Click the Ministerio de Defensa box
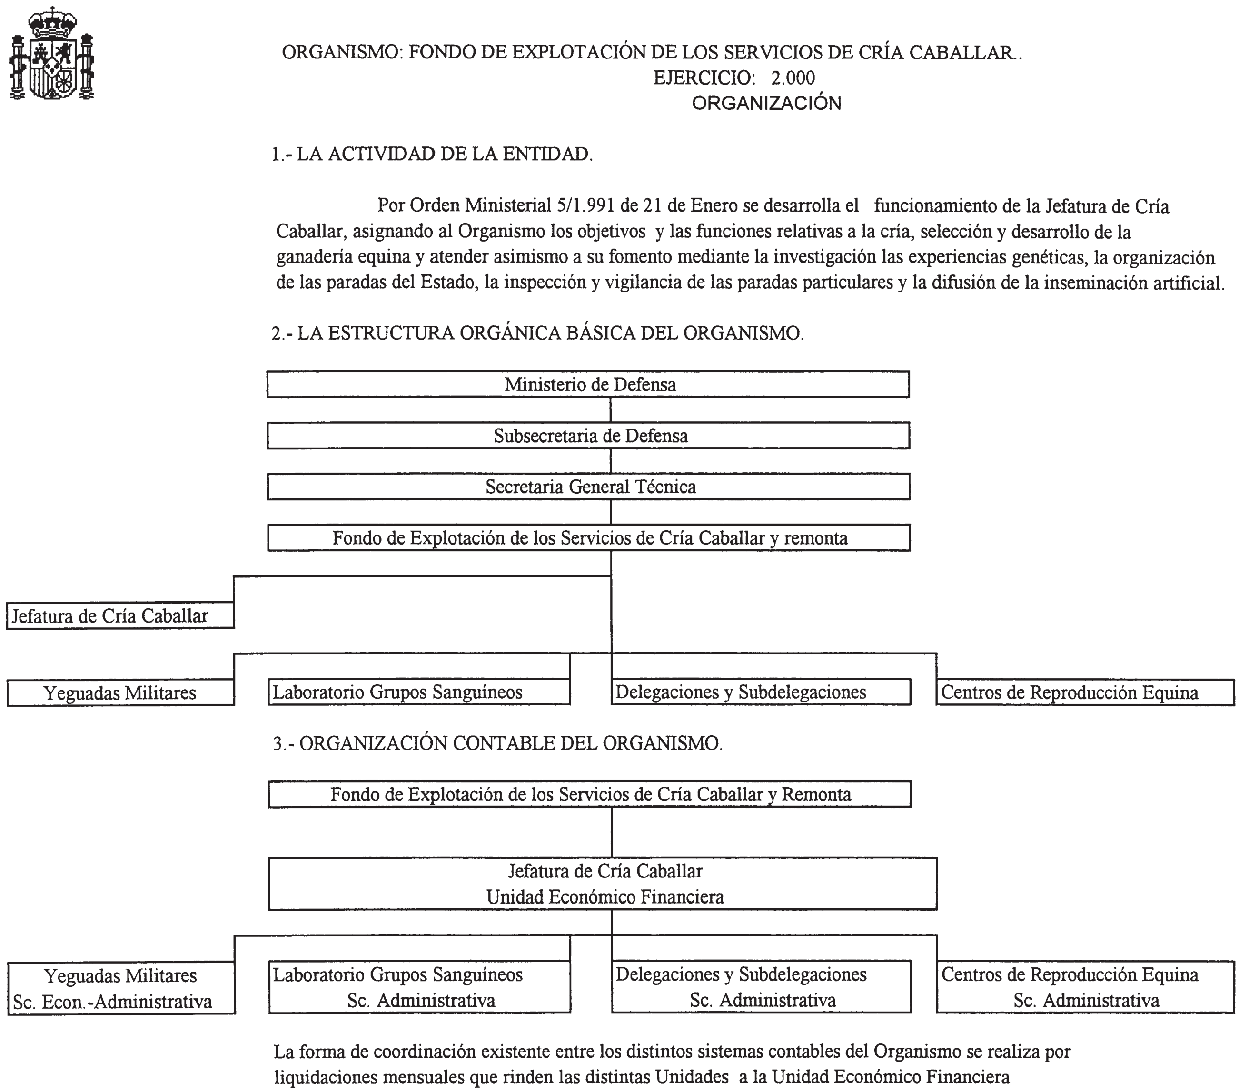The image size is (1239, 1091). click(x=588, y=385)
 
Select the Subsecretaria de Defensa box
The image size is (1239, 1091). click(x=588, y=436)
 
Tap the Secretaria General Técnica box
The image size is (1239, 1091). click(x=588, y=487)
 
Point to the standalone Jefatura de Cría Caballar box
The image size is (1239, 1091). click(x=120, y=616)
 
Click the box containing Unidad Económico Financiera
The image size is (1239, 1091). click(x=603, y=884)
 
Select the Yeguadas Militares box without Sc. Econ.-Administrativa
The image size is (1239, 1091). click(x=120, y=692)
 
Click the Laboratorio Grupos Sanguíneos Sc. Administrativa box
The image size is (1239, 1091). click(x=419, y=987)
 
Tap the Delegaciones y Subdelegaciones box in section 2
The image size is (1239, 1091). click(x=760, y=692)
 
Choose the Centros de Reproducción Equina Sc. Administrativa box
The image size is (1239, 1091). click(x=1085, y=987)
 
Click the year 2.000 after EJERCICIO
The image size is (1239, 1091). click(x=793, y=78)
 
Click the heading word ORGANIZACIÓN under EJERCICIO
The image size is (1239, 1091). click(x=766, y=104)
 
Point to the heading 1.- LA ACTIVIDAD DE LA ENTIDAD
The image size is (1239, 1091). click(x=432, y=155)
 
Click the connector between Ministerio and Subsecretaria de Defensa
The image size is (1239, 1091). click(x=610, y=410)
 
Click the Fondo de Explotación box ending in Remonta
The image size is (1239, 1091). click(x=589, y=794)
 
